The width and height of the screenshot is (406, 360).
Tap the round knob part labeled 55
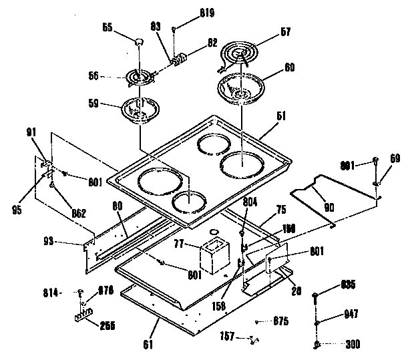pyautogui.click(x=139, y=41)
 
